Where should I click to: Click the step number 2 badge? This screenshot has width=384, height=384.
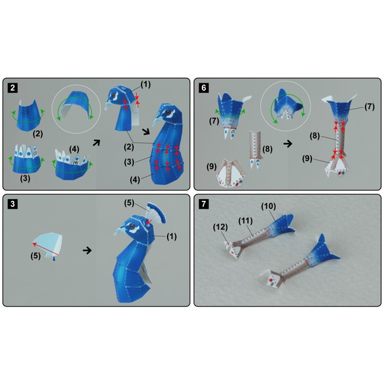pos(12,87)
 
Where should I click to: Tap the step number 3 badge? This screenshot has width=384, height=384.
pos(12,204)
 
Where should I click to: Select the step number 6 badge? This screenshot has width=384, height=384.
pos(204,87)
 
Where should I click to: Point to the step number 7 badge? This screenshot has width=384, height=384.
pos(204,204)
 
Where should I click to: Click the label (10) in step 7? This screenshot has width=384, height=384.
pos(269,206)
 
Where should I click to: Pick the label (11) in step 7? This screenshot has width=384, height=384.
pos(245,221)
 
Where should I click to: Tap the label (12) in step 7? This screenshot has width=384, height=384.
pos(220,227)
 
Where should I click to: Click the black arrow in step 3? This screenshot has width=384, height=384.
pos(87,250)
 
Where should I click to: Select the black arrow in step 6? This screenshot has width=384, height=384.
pos(288,143)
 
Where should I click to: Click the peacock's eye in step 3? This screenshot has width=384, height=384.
pos(133,225)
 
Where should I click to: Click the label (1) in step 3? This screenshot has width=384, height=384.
pos(171,237)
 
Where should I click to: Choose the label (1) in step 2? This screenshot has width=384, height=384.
pos(145,84)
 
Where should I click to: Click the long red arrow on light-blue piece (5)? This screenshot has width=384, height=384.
pos(46,249)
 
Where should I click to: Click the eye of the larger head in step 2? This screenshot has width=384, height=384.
pos(168,112)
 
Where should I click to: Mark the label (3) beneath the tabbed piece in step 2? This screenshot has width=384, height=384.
pos(25,178)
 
